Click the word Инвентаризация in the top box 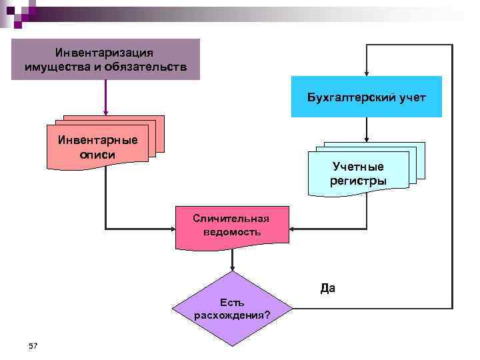[105, 52]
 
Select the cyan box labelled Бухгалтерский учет [366, 97]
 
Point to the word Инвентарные [98, 141]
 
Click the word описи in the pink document [98, 154]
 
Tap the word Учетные [358, 167]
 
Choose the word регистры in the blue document [358, 180]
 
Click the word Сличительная [231, 218]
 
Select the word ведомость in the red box [231, 232]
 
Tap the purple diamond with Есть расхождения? [232, 309]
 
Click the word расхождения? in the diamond [232, 315]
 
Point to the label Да [327, 289]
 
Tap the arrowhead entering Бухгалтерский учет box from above [366, 73]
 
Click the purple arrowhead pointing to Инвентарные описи [105, 119]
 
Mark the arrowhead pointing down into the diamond [232, 267]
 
